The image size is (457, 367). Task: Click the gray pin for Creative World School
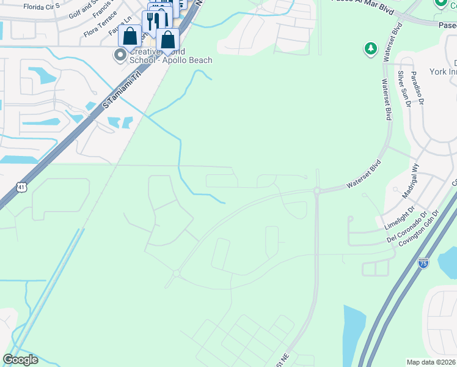[120, 56]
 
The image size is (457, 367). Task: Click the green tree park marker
[370, 48]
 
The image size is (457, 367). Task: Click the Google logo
[21, 360]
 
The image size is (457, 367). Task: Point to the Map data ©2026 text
[431, 362]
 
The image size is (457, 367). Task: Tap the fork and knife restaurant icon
[151, 21]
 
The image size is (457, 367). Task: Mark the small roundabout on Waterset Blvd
[317, 191]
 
